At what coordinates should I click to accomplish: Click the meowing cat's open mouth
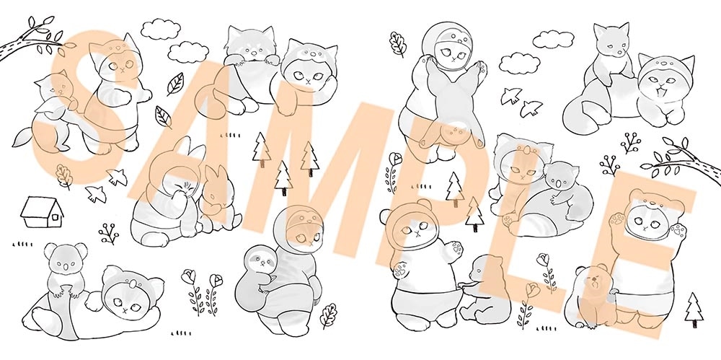point(658,92)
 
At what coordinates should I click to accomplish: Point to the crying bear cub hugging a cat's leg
point(589,284)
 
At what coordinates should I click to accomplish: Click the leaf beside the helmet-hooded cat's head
point(397,45)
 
